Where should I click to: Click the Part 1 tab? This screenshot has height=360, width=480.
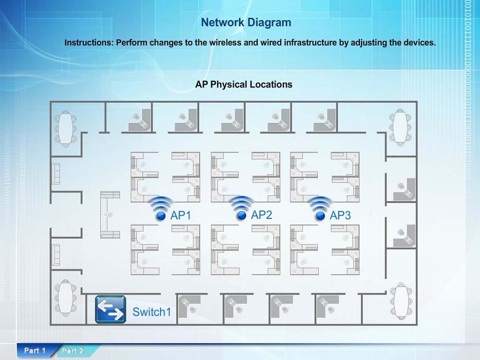click(x=35, y=350)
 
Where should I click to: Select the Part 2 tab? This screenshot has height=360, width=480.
click(x=73, y=350)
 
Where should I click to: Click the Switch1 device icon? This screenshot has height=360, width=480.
click(x=110, y=309)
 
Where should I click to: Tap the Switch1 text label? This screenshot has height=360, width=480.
click(x=152, y=312)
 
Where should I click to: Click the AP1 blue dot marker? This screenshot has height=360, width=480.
click(x=161, y=216)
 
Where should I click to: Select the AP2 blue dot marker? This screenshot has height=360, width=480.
click(x=241, y=216)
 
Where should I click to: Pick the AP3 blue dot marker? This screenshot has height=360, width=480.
click(x=320, y=216)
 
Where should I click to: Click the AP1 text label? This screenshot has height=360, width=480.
click(x=180, y=215)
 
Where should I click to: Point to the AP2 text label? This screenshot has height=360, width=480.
click(x=262, y=215)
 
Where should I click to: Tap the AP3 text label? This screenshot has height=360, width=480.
click(x=340, y=215)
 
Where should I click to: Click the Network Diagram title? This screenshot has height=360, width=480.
click(x=246, y=23)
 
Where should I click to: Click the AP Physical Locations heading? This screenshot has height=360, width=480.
click(x=244, y=84)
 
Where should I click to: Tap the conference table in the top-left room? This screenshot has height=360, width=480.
click(x=65, y=129)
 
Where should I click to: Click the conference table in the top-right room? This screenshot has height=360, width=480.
click(x=400, y=127)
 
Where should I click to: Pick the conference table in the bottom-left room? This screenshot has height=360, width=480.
click(x=65, y=298)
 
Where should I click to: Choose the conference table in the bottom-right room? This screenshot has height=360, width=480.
click(x=401, y=301)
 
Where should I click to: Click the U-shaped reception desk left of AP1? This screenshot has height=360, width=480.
click(x=110, y=215)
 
